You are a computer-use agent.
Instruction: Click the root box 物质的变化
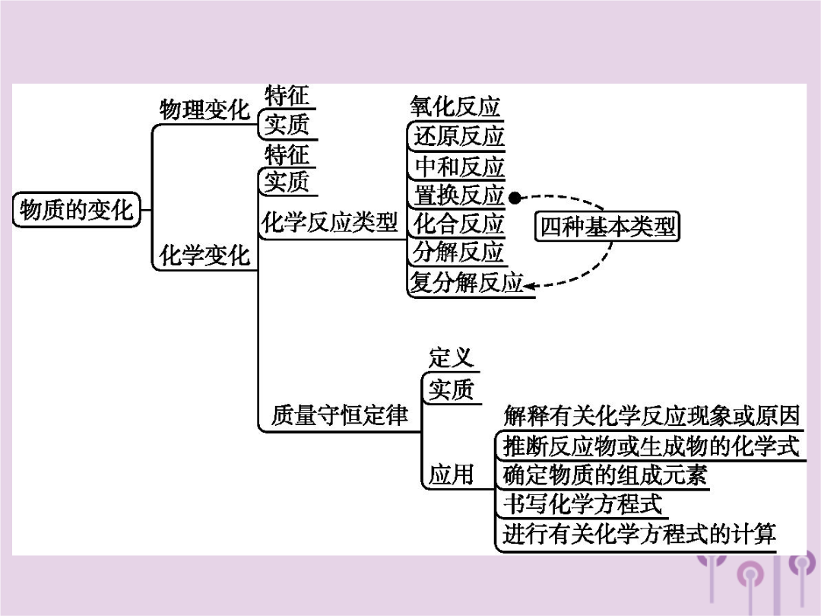pyautogui.click(x=77, y=210)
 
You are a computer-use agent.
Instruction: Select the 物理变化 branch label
pyautogui.click(x=204, y=110)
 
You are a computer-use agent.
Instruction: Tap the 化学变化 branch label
pyautogui.click(x=204, y=256)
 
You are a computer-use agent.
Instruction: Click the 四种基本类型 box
pyautogui.click(x=607, y=227)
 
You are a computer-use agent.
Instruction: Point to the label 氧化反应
pyautogui.click(x=455, y=106)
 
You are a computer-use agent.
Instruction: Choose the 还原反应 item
pyautogui.click(x=458, y=136)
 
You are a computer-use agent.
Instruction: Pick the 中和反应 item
pyautogui.click(x=458, y=167)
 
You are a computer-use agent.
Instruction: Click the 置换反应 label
pyautogui.click(x=458, y=195)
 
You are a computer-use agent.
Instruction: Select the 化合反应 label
pyautogui.click(x=458, y=224)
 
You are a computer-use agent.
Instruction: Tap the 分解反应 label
pyautogui.click(x=458, y=252)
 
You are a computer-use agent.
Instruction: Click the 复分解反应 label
pyautogui.click(x=467, y=282)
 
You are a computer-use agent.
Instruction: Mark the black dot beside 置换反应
pyautogui.click(x=515, y=198)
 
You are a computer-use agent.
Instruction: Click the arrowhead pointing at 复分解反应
pyautogui.click(x=530, y=286)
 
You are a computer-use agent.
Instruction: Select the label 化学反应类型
pyautogui.click(x=329, y=223)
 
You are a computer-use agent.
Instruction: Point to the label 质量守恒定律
pyautogui.click(x=339, y=415)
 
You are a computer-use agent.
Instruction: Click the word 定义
pyautogui.click(x=451, y=358)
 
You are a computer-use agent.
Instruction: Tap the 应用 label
pyautogui.click(x=451, y=475)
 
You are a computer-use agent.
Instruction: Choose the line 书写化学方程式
pyautogui.click(x=582, y=504)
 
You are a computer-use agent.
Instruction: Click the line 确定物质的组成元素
pyautogui.click(x=605, y=475)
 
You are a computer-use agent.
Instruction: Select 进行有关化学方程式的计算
pyautogui.click(x=639, y=534)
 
